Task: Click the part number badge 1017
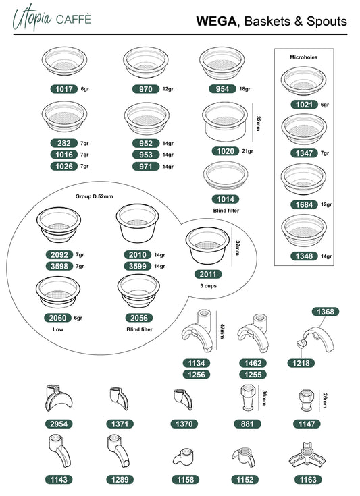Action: tap(64, 89)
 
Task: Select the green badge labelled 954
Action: tap(222, 89)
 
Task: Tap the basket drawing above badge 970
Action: tap(146, 62)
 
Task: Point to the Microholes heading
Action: tap(303, 57)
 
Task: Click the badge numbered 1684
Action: tap(304, 205)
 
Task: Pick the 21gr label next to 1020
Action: tap(248, 151)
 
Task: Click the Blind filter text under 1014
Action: tap(226, 211)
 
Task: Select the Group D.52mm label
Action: tap(94, 196)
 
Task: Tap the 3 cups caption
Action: tap(208, 286)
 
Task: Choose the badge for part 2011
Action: tap(208, 274)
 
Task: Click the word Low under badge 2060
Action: tap(58, 329)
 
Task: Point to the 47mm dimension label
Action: tap(222, 331)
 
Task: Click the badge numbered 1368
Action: tap(326, 312)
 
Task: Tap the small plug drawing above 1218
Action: tap(301, 343)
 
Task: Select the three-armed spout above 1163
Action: tap(307, 456)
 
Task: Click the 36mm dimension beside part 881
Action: tap(264, 398)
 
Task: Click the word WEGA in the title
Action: tap(216, 21)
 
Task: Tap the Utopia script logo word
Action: tap(32, 18)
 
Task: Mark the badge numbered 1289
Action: tap(120, 480)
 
